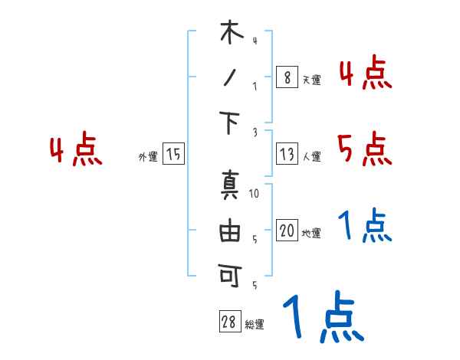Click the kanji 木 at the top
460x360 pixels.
[x=232, y=34]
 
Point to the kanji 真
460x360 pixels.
[x=231, y=187]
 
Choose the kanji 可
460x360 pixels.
[x=231, y=273]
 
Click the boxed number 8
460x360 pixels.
[x=287, y=77]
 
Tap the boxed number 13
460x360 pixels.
[x=287, y=154]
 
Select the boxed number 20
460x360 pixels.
[x=287, y=231]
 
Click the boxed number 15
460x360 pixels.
[x=174, y=154]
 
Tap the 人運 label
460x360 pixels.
[x=311, y=156]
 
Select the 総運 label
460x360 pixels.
[x=255, y=325]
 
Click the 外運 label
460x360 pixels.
[x=148, y=156]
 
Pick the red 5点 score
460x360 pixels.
[x=364, y=149]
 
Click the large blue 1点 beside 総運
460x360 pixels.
[x=322, y=319]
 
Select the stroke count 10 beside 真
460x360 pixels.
[x=255, y=193]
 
